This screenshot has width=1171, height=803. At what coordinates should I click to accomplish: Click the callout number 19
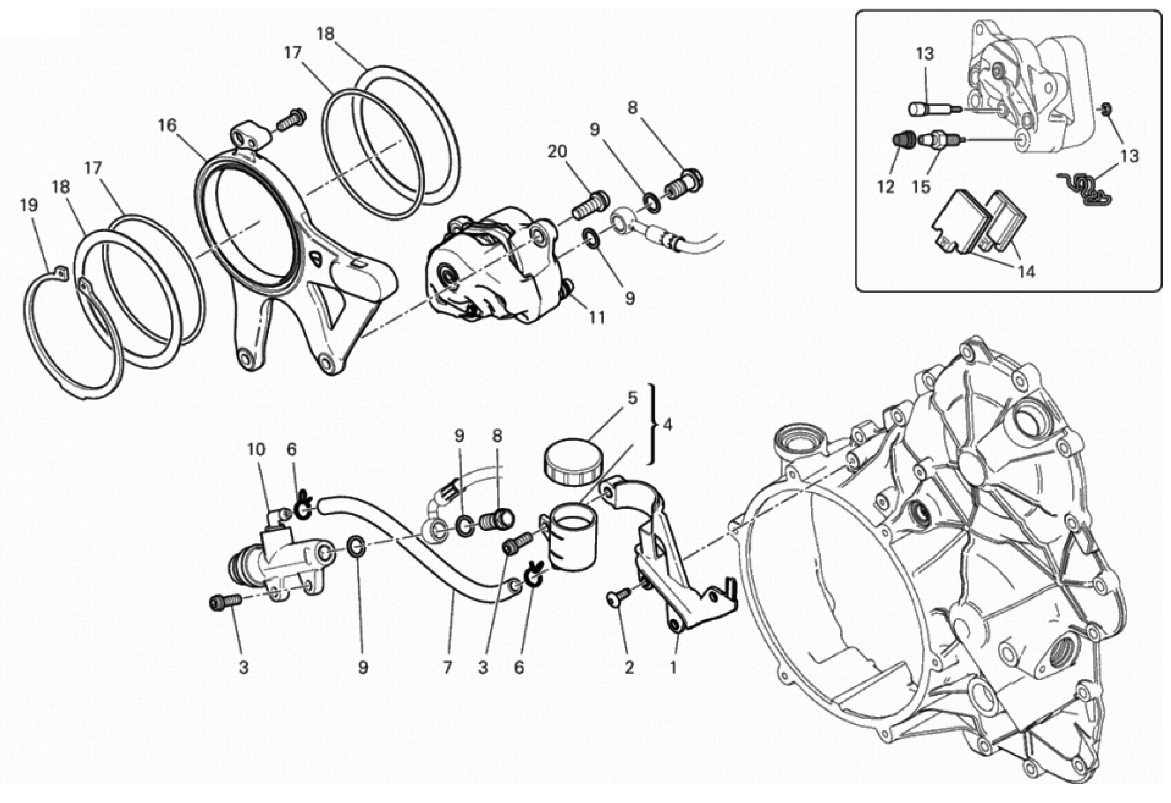tap(29, 205)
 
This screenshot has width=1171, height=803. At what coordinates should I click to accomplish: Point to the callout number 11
tap(597, 318)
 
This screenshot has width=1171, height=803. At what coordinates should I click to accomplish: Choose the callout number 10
tap(256, 449)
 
